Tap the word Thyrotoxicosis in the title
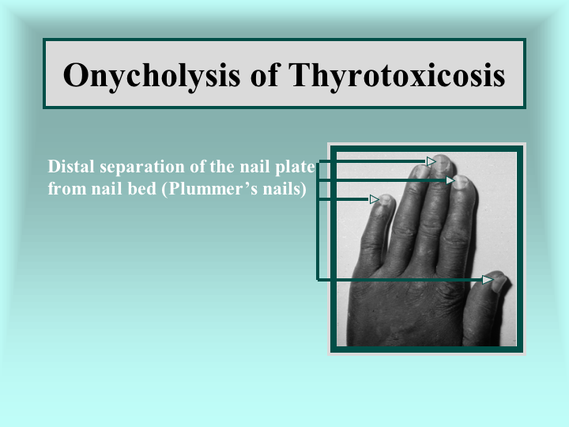coord(397,76)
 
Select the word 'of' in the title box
coord(264,74)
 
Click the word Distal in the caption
coord(71,166)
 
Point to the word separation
coord(142,168)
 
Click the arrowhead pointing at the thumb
coord(488,280)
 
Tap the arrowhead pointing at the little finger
coord(374,199)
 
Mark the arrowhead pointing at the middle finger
coord(431,161)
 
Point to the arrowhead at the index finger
coord(450,180)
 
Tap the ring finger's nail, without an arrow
coord(421,172)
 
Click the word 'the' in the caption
coord(222,166)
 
